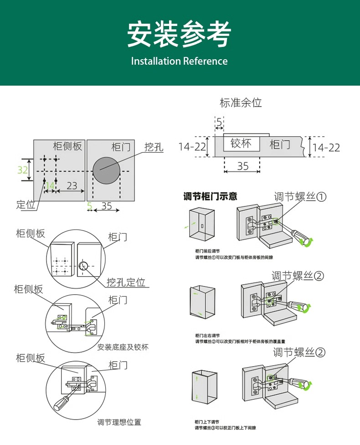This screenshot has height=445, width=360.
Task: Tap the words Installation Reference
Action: pos(179,61)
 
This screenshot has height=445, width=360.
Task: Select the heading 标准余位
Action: pos(241,103)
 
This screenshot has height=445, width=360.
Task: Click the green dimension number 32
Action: pos(23,170)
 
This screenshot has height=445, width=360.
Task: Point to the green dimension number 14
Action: pos(50,186)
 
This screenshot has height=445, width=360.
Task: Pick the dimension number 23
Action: pos(72,186)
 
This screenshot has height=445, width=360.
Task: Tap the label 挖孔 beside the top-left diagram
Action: pos(154,147)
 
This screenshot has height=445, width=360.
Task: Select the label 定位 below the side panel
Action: pos(26,205)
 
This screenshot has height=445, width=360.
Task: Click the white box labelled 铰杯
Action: pos(242,144)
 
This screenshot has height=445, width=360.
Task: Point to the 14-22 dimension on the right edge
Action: pos(326,148)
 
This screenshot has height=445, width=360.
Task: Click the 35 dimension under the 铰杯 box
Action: pos(243,166)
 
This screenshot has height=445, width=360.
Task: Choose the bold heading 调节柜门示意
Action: pos(210,197)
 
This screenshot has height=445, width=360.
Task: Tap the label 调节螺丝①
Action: pos(300,197)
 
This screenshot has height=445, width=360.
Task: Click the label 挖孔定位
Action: pos(126,282)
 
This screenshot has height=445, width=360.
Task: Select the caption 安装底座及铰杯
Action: pos(123,347)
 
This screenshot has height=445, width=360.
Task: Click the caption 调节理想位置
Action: pos(119,422)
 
